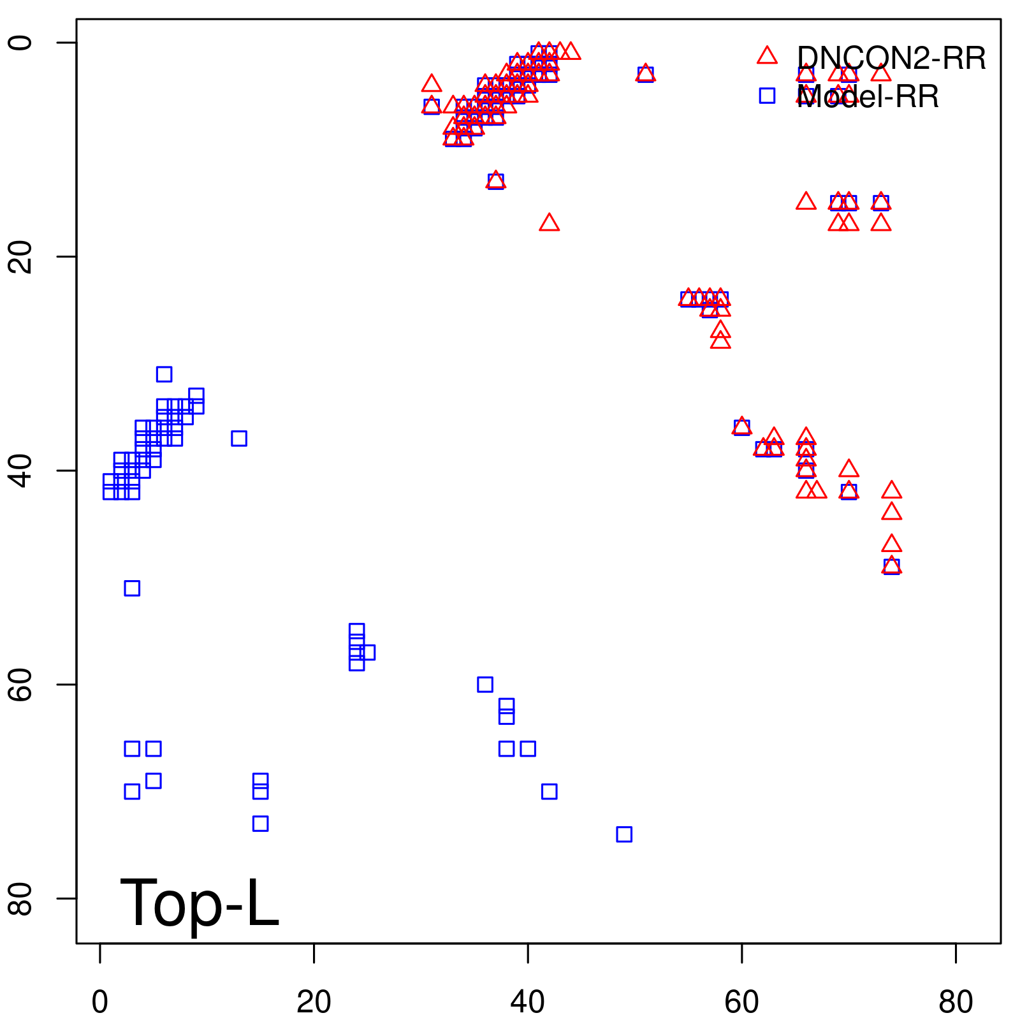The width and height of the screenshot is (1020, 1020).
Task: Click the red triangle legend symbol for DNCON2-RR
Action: (767, 56)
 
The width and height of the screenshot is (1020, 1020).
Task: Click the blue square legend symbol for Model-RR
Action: (767, 96)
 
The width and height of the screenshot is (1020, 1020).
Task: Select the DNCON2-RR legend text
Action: (891, 59)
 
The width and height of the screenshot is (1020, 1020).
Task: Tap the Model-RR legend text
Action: (868, 97)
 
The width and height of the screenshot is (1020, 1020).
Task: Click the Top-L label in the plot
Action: (200, 903)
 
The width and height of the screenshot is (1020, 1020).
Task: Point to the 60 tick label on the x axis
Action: (741, 1002)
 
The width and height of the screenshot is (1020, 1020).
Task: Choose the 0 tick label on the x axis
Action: (100, 1002)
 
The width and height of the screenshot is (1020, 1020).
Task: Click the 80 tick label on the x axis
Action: (956, 1002)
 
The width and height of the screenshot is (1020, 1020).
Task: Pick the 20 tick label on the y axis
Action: (22, 257)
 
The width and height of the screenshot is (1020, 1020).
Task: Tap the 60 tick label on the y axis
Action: (22, 685)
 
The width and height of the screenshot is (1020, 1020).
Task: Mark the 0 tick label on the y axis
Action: (22, 43)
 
